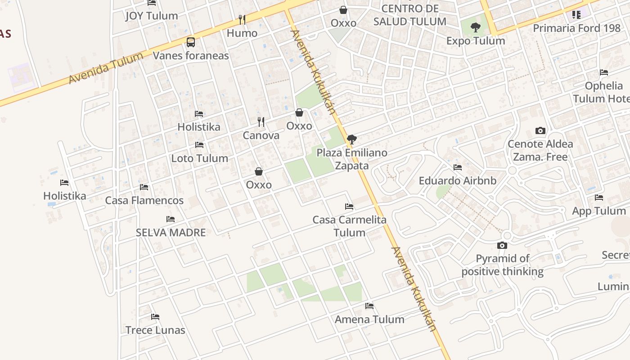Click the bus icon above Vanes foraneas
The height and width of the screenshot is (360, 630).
[x=191, y=42]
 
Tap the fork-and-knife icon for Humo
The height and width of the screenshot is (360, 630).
[x=242, y=19]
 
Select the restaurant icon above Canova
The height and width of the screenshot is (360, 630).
[x=261, y=121]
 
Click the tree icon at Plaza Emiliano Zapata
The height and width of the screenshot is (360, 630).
[x=352, y=139]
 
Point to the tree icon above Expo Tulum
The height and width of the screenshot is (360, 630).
[x=476, y=27]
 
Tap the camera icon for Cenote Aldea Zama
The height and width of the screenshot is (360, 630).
[x=540, y=131]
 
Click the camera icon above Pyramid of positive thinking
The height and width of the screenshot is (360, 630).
[x=502, y=245]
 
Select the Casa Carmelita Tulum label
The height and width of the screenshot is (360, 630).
[x=350, y=226]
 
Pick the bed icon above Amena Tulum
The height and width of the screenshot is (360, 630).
[x=369, y=306]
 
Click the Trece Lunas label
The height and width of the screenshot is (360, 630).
[x=155, y=330]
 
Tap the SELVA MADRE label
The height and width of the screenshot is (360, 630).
[x=171, y=233]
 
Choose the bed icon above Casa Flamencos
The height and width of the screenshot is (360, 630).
[x=144, y=187]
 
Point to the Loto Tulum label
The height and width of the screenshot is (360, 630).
[x=199, y=158]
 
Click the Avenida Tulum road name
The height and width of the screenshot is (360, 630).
[x=106, y=67]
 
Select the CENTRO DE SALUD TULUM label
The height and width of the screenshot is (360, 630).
[x=409, y=15]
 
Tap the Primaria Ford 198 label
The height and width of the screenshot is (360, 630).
[x=576, y=28]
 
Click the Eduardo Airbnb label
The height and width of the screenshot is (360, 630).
[x=458, y=181]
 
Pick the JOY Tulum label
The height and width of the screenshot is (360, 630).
[x=152, y=16]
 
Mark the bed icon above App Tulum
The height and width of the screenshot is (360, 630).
[x=599, y=198]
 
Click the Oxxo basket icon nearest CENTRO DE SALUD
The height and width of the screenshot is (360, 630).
[x=343, y=10]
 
